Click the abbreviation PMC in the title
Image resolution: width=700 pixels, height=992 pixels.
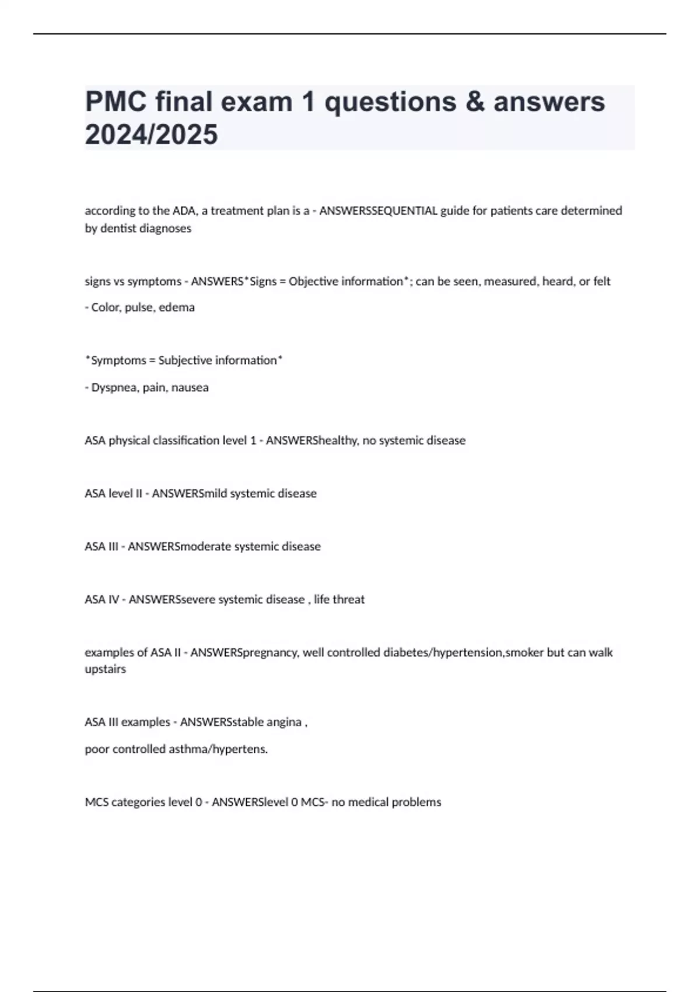116,102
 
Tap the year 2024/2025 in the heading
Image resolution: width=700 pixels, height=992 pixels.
151,135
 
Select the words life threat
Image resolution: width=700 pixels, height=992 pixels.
339,599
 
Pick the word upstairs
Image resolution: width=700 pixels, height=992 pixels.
105,669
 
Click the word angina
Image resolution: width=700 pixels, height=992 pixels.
284,722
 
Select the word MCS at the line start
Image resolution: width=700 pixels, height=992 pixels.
96,802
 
